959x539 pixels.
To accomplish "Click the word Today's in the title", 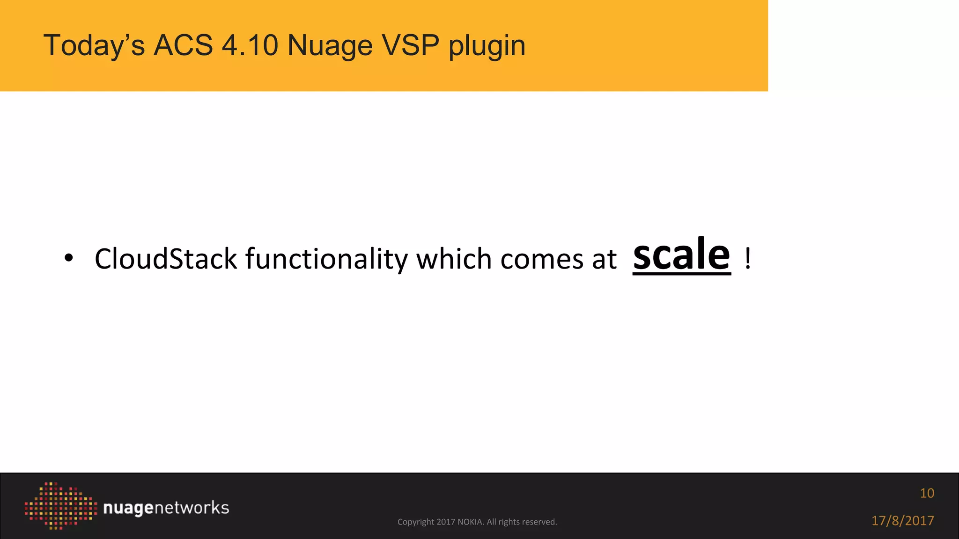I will point(94,45).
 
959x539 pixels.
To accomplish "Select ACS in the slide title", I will point(183,45).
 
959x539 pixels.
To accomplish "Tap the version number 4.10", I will point(250,45).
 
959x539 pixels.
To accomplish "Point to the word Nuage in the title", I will point(330,45).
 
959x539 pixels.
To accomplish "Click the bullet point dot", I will point(69,258).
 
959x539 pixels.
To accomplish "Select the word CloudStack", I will point(166,259).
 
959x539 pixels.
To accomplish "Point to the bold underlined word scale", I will point(681,255).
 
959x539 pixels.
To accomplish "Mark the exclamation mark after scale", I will point(748,259).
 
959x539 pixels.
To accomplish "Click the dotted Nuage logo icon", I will point(60,506).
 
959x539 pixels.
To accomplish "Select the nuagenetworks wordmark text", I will point(166,508).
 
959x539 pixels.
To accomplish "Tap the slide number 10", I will point(927,493).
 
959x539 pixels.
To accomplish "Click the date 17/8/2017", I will point(902,521).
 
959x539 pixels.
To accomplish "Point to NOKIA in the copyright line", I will point(470,522).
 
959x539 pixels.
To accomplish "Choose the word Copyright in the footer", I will point(416,522).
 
